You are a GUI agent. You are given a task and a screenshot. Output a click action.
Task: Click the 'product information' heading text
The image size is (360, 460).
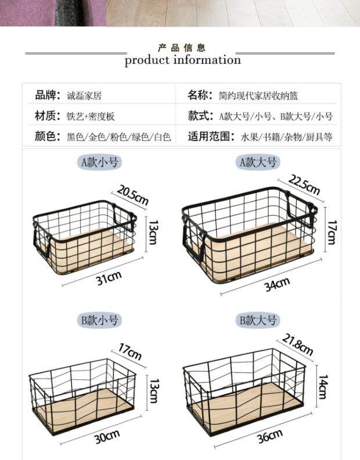pyautogui.click(x=182, y=60)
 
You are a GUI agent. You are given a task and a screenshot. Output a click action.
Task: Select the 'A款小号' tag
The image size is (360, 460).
pyautogui.click(x=99, y=162)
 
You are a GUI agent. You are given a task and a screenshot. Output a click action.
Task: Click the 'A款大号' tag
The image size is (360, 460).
pyautogui.click(x=258, y=162)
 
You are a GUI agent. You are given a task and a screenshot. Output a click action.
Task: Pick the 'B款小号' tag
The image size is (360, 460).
pyautogui.click(x=99, y=320)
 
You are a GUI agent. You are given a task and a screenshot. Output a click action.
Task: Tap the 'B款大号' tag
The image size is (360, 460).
pyautogui.click(x=258, y=320)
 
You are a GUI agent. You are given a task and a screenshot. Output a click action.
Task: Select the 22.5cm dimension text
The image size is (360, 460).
pyautogui.click(x=304, y=186)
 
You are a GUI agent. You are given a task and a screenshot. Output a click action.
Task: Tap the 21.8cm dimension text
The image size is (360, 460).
pyautogui.click(x=298, y=345)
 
